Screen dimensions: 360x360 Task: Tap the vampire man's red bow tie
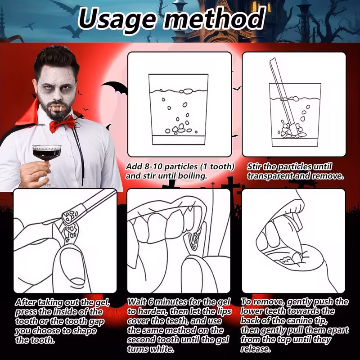(63, 124)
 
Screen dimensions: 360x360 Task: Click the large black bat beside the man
(115, 88)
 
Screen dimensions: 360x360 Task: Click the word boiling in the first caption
(193, 176)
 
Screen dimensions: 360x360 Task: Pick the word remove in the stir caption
(328, 176)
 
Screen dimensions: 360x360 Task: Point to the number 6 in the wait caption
(151, 302)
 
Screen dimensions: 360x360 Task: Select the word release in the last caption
(256, 349)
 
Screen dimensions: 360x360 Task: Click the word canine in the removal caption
(298, 320)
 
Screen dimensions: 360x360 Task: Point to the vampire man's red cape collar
(29, 112)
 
